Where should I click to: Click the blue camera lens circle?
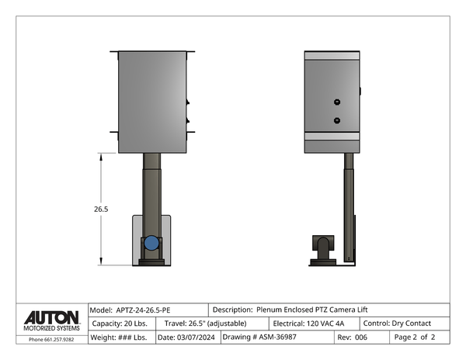pos(151,243)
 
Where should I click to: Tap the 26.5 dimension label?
pos(101,209)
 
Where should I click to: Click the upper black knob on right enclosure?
pos(337,102)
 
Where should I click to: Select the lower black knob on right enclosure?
pos(337,120)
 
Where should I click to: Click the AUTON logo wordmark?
pos(52,317)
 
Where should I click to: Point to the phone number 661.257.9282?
pos(59,340)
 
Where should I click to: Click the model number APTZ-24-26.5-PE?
pos(143,310)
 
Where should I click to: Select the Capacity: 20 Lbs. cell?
pos(122,324)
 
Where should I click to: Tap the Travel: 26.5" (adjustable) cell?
pos(212,324)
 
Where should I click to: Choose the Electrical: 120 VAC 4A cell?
pos(315,324)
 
